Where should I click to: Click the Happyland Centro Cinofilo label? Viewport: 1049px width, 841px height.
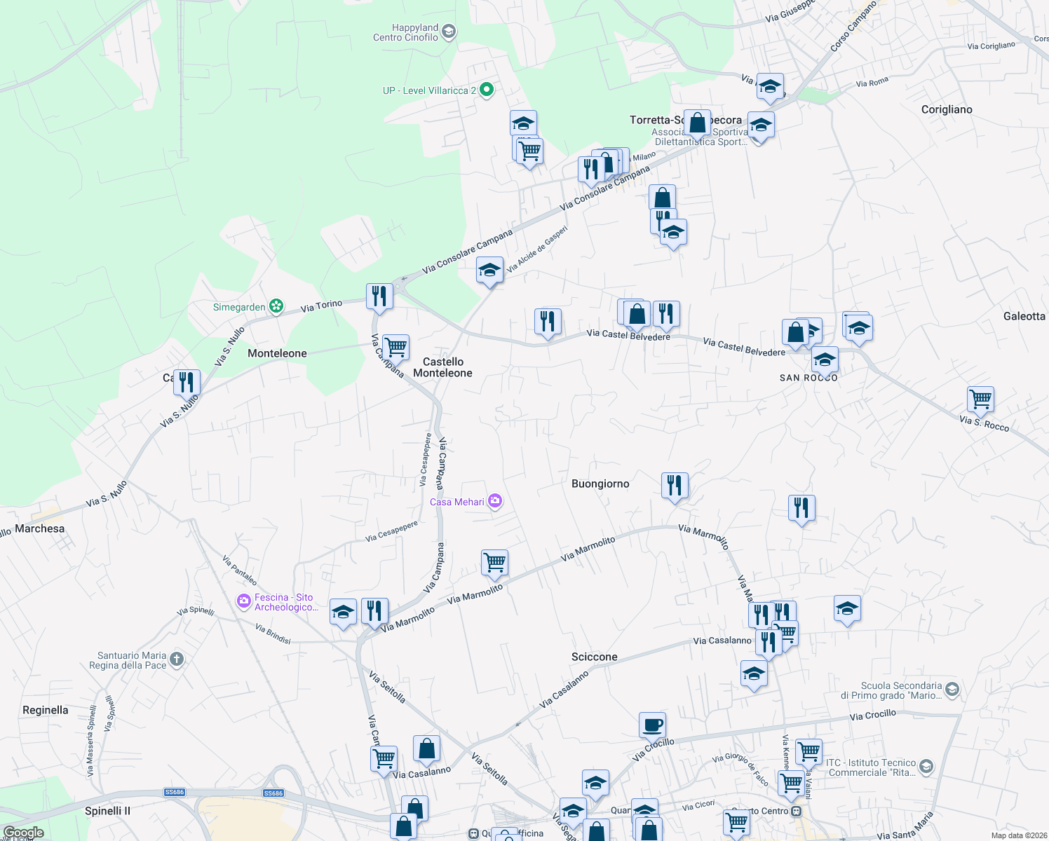406,32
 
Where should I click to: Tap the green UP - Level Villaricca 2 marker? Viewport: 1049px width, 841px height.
487,90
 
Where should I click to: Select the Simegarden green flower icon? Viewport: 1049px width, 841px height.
277,306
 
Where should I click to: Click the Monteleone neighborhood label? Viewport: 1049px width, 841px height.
277,353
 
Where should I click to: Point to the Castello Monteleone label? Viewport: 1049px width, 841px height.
442,367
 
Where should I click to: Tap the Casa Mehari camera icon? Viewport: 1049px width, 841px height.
496,500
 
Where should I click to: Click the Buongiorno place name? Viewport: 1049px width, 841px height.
600,484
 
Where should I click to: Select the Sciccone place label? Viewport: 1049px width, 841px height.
594,657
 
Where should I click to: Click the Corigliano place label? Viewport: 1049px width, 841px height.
947,109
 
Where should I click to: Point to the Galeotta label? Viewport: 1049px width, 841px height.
1024,316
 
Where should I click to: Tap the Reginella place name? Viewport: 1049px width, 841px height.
46,710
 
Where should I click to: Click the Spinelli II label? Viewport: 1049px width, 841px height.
107,811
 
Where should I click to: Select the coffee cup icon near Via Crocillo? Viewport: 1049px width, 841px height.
652,725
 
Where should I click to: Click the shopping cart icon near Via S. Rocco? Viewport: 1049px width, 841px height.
980,399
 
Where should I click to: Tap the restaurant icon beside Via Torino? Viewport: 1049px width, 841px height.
379,296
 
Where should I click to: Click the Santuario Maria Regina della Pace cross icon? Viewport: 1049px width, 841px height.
177,659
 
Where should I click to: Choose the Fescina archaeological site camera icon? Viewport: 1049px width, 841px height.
244,601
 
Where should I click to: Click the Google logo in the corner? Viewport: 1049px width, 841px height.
23,833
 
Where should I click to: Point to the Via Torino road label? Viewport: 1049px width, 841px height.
321,306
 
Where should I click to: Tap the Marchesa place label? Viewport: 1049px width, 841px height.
39,528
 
